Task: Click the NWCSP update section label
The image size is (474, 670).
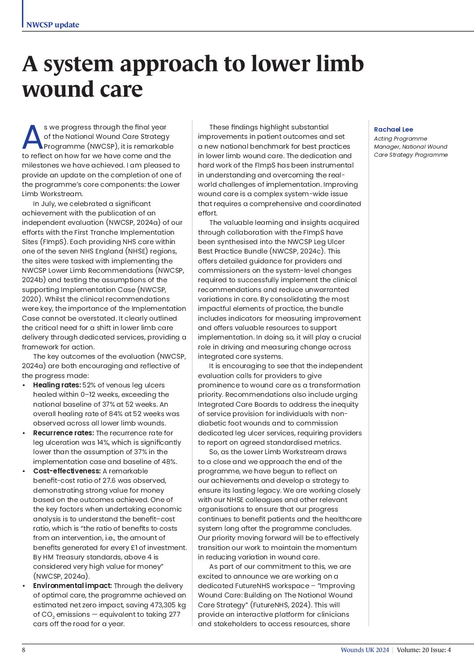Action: point(52,25)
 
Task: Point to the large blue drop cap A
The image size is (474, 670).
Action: point(32,137)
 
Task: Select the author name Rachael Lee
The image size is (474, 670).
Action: point(393,129)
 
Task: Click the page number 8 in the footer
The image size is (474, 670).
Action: point(24,650)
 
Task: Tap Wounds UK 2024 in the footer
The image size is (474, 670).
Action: point(365,650)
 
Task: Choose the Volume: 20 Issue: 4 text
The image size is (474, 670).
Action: point(424,650)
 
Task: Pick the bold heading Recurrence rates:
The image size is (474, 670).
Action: point(63,433)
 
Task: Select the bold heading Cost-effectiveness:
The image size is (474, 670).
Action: point(67,471)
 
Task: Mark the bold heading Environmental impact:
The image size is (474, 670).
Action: point(72,586)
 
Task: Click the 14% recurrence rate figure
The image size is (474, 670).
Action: point(104,442)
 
